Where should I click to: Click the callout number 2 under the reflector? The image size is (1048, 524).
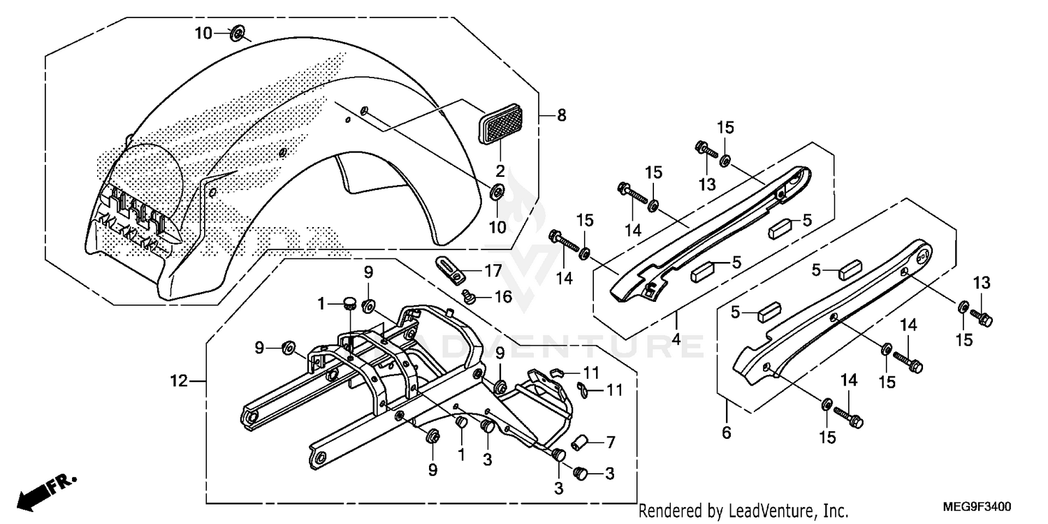pos(500,170)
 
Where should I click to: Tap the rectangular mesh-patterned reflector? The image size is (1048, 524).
pos(500,124)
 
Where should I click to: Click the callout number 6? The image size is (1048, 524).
pos(727,433)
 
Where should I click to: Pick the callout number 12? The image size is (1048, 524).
pos(179,381)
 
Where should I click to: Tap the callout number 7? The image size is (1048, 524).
pos(610,442)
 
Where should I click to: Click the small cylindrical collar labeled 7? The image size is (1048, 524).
pos(579,442)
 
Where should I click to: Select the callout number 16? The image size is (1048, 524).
pos(504,297)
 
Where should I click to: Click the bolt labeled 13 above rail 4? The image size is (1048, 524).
pos(703,148)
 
